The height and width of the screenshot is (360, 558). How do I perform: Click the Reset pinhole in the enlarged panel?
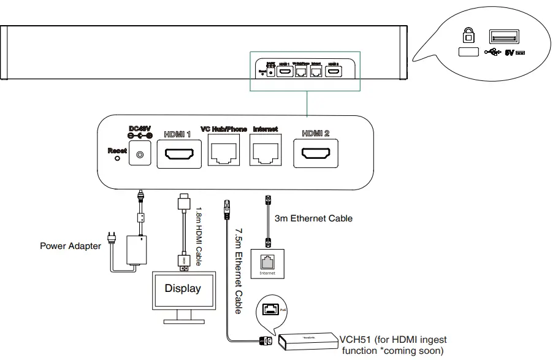[x=117, y=158]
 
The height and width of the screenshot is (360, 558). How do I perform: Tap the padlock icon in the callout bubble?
[x=467, y=34]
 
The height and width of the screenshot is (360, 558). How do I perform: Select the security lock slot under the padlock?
[x=467, y=53]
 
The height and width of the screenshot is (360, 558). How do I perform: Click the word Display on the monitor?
[x=183, y=288]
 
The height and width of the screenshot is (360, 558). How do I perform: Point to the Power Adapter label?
[x=70, y=247]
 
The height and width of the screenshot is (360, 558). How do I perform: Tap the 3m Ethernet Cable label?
[x=313, y=218]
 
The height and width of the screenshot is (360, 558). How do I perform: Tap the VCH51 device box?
[x=307, y=341]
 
